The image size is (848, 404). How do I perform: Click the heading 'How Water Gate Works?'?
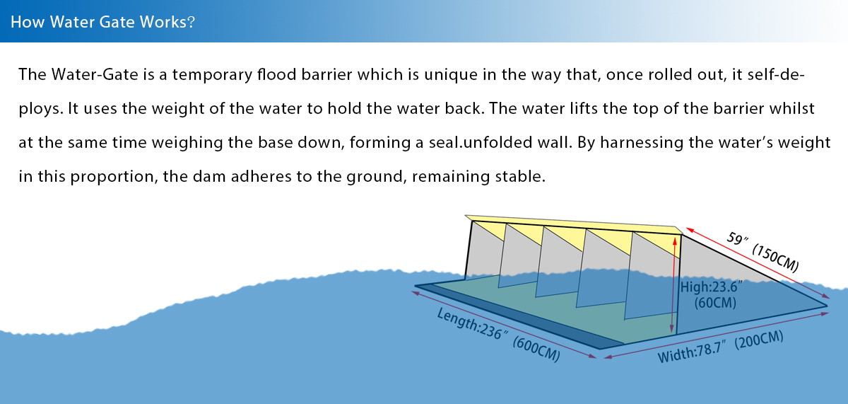coord(103,21)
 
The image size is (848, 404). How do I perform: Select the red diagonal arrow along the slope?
coord(756,262)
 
